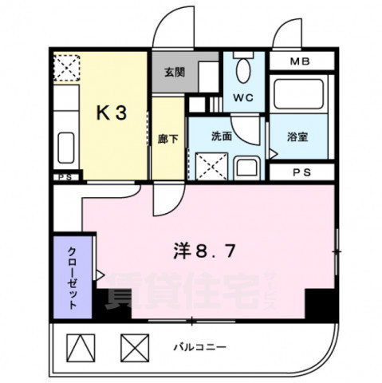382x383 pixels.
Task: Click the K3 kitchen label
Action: (112, 113)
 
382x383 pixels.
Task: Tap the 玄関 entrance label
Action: (174, 71)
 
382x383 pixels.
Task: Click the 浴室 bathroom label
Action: (297, 136)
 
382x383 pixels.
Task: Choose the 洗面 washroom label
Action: (221, 136)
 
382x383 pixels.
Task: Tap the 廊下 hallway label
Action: (162, 136)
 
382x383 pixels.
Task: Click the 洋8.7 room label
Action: (203, 253)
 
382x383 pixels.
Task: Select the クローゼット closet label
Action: (71, 274)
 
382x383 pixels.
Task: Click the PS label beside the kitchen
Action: (65, 177)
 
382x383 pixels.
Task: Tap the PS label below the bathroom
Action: (301, 172)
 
